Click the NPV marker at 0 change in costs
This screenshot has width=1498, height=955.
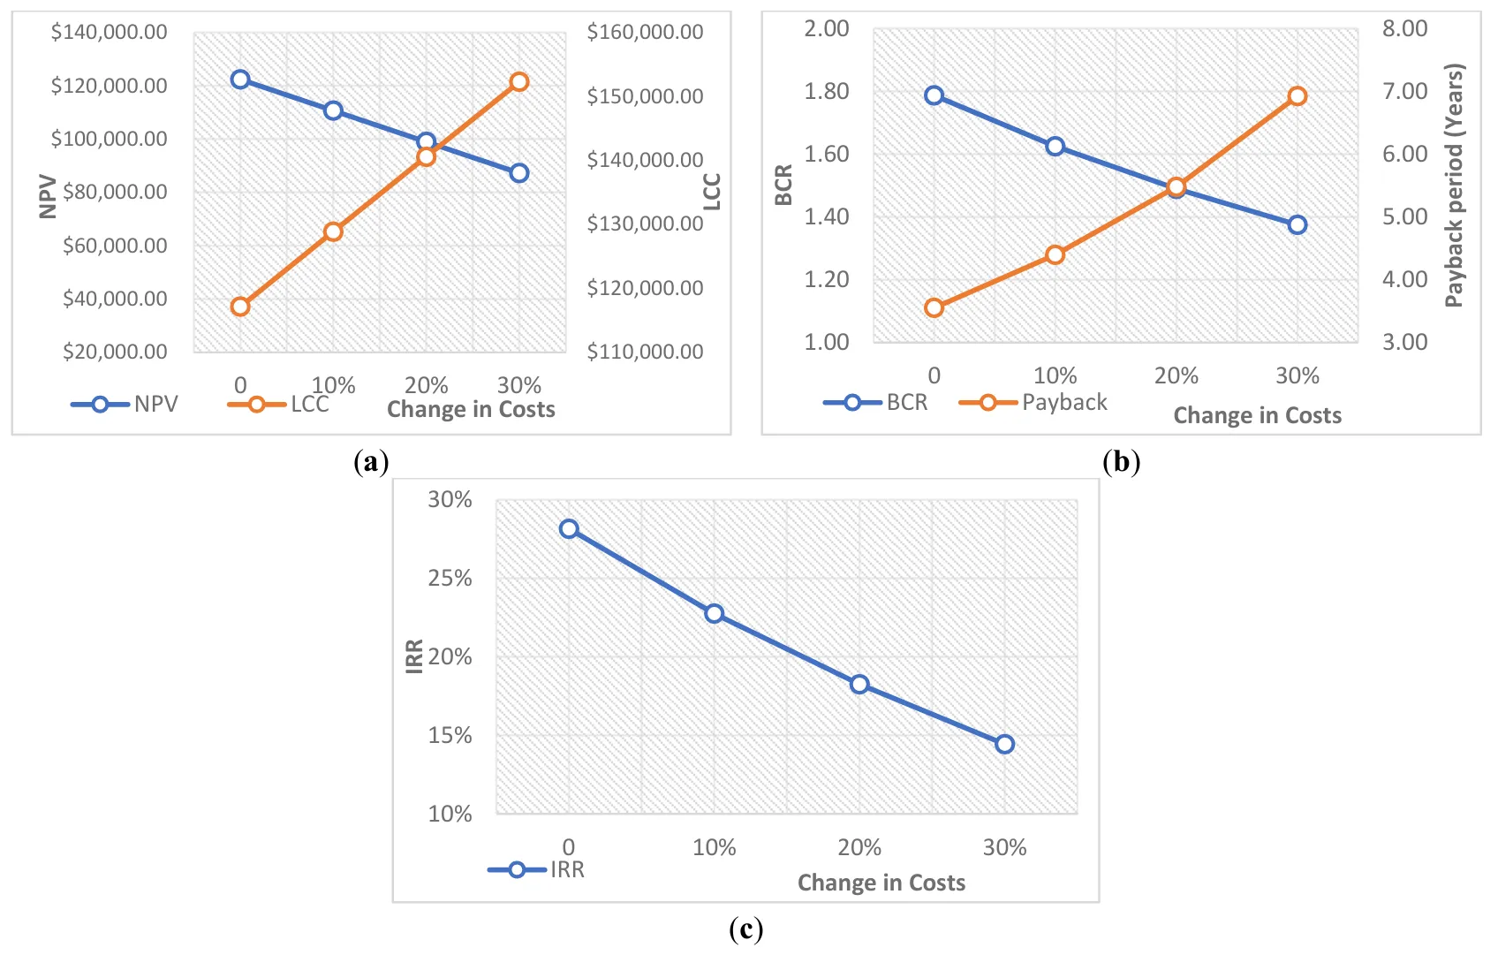point(240,80)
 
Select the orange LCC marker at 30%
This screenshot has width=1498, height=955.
point(519,82)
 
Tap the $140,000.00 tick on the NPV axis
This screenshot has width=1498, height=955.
point(110,33)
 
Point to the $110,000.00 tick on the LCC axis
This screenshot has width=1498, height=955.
point(645,352)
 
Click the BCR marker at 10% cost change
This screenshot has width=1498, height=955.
point(1055,147)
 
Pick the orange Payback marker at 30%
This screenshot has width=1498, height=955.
point(1297,96)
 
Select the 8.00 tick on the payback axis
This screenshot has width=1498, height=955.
point(1404,29)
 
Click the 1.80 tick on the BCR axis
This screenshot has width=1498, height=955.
point(826,92)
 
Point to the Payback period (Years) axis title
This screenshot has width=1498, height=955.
point(1454,186)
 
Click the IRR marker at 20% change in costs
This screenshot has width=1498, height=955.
point(859,685)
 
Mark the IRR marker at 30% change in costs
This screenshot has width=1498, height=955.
point(1004,745)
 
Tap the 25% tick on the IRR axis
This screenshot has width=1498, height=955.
point(450,579)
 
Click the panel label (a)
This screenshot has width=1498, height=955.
point(370,462)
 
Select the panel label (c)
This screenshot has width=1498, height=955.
point(746,929)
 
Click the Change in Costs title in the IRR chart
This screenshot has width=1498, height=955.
point(881,883)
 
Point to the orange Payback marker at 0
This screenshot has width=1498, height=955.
point(934,308)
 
